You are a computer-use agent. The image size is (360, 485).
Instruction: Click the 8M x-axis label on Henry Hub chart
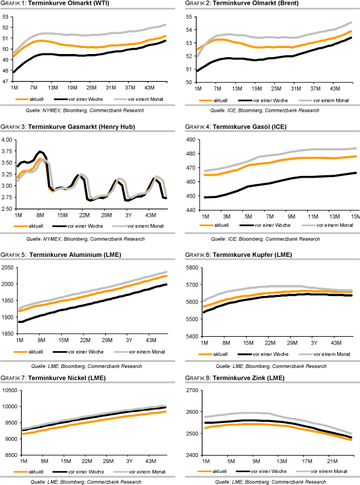pyautogui.click(x=41, y=214)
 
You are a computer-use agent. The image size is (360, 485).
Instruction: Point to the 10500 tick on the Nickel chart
pyautogui.click(x=8, y=390)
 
